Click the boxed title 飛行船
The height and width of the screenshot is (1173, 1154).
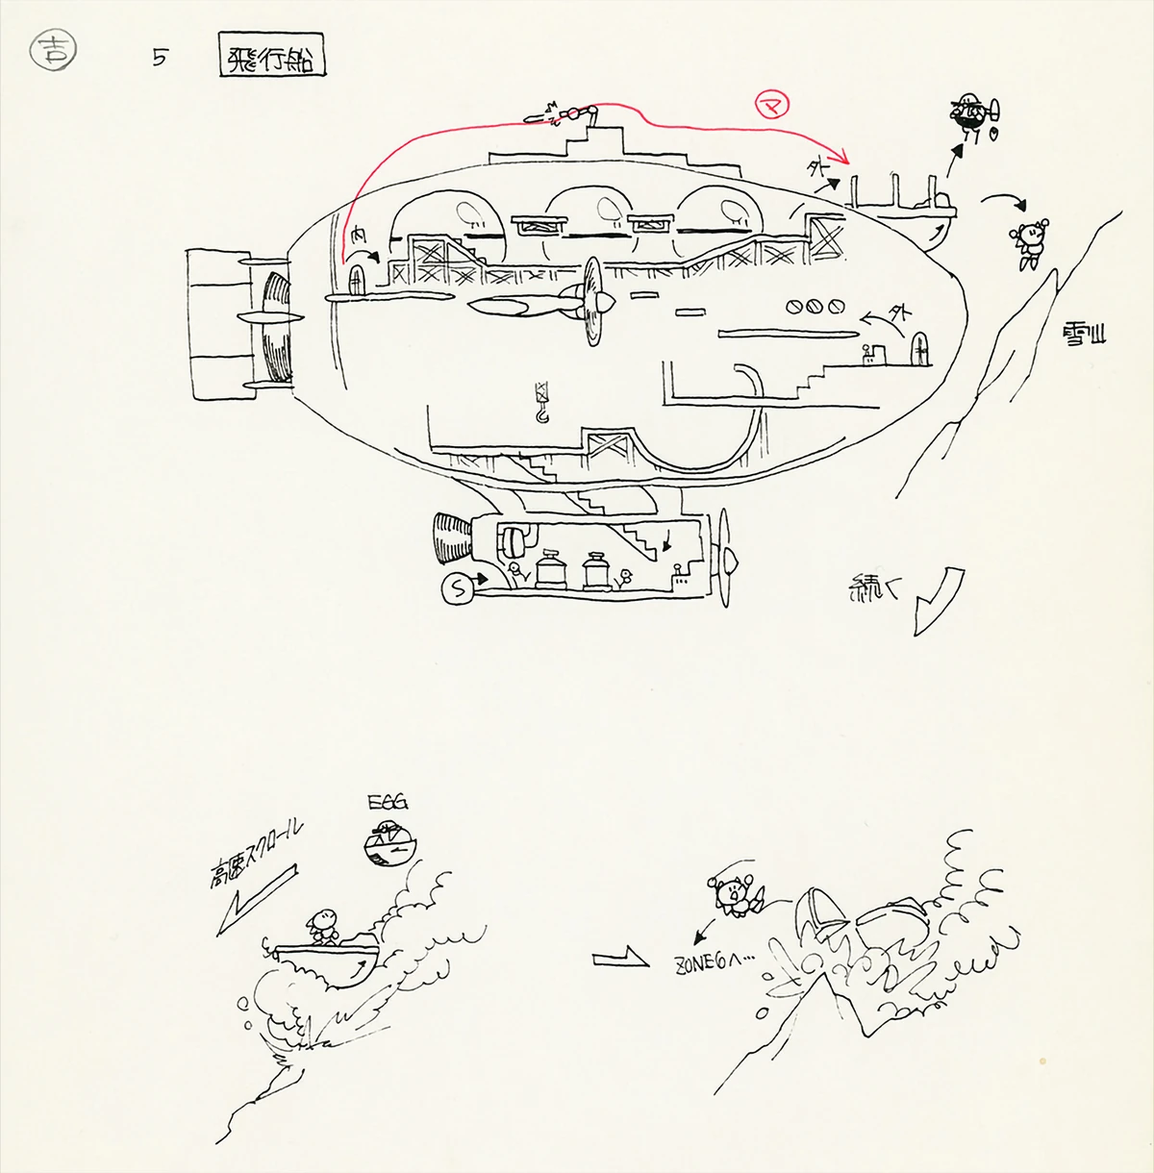[272, 60]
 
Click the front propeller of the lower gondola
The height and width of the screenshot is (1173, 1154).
[726, 559]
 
